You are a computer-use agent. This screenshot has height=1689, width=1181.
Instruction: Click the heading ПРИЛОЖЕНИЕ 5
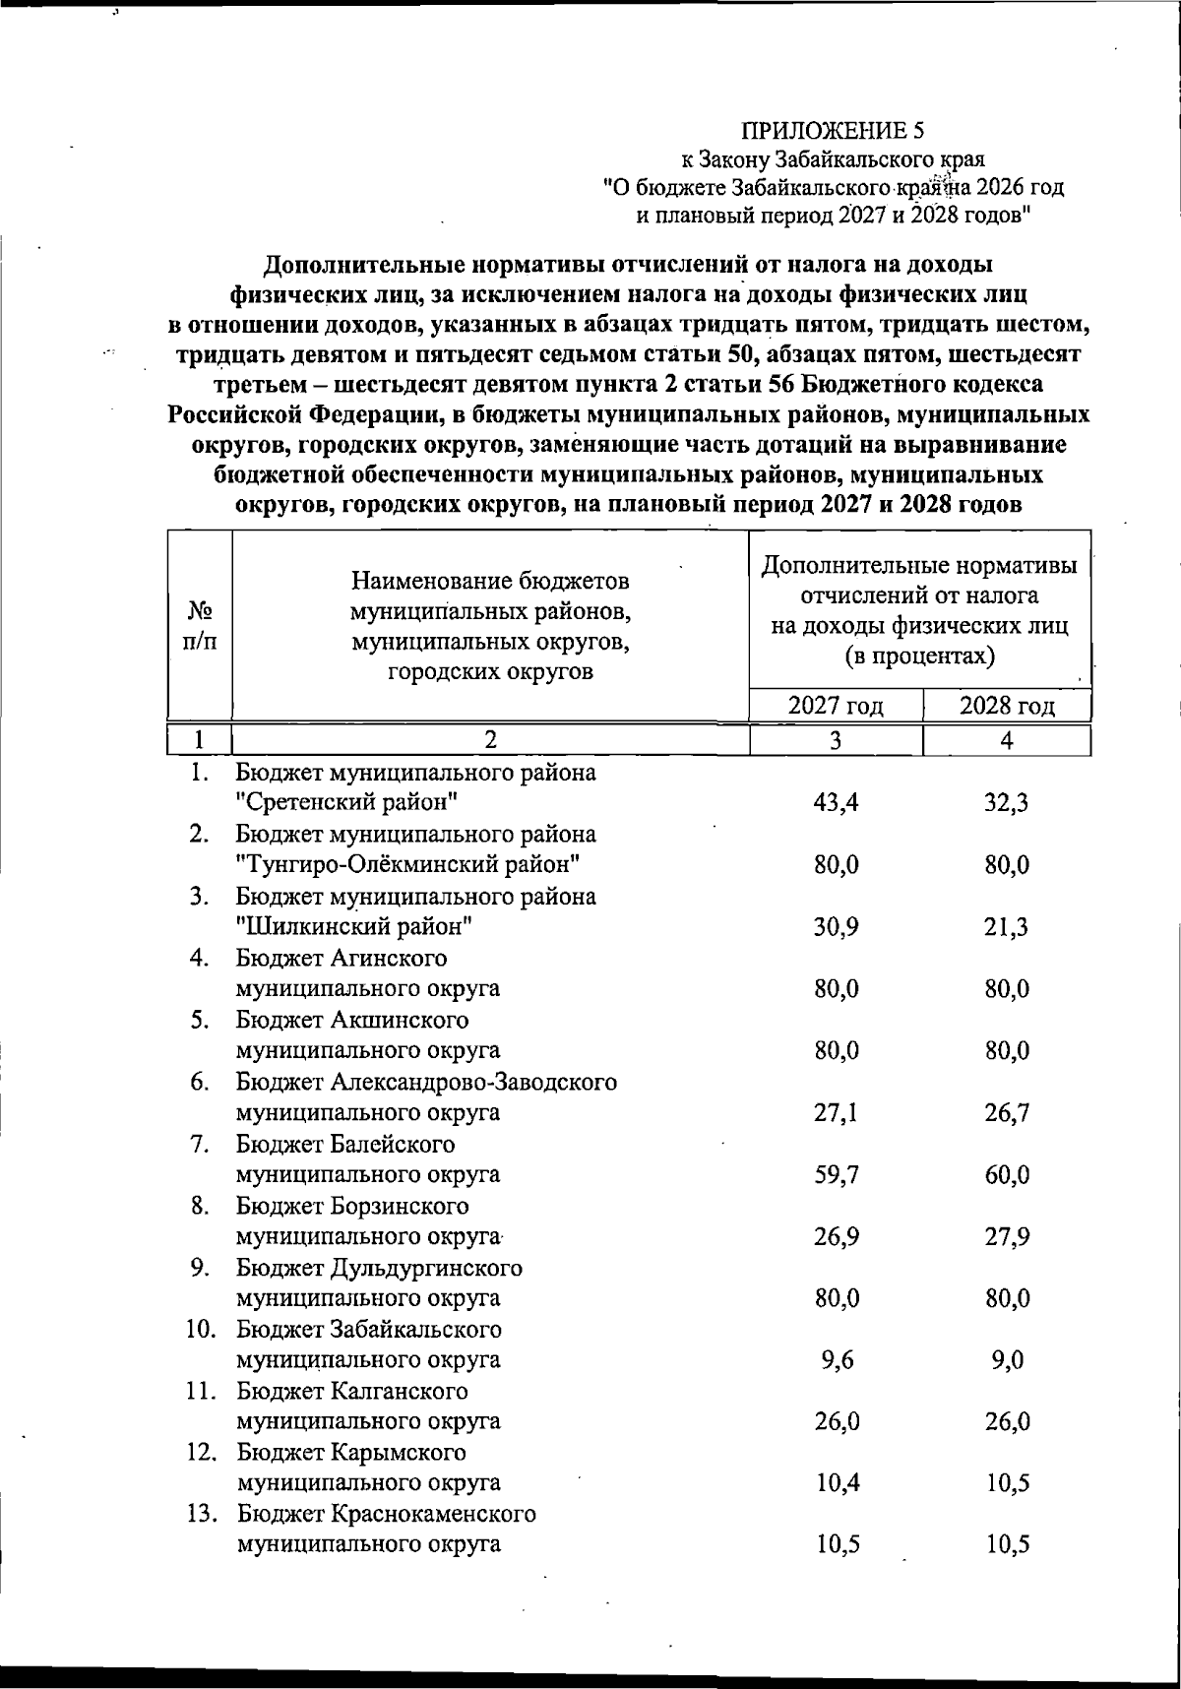coord(833,131)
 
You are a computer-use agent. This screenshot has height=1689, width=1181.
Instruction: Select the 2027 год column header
coord(836,706)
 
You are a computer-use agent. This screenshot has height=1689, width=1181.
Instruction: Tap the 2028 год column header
coord(1007,706)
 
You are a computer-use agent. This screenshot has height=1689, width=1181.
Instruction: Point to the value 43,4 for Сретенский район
coord(837,803)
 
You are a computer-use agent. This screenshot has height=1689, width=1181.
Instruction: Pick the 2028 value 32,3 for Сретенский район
coord(1007,803)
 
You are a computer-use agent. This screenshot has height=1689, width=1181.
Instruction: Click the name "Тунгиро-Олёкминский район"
coord(406,865)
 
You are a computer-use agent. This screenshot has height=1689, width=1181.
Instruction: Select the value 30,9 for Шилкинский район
coord(837,927)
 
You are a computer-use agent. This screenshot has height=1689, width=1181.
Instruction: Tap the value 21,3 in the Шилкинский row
coord(1007,927)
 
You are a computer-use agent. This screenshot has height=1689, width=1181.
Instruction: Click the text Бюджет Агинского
coord(342,958)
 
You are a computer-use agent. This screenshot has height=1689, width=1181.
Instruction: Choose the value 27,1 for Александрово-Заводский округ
coord(837,1113)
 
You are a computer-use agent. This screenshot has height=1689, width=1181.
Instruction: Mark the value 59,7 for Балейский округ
coord(837,1175)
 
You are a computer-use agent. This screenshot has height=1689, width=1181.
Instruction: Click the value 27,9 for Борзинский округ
coord(1007,1237)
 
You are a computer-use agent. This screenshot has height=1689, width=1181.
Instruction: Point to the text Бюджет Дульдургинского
coord(379,1268)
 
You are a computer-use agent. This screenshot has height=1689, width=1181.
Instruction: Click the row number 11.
coord(201,1392)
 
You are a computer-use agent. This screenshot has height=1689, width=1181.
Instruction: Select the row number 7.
coord(201,1145)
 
